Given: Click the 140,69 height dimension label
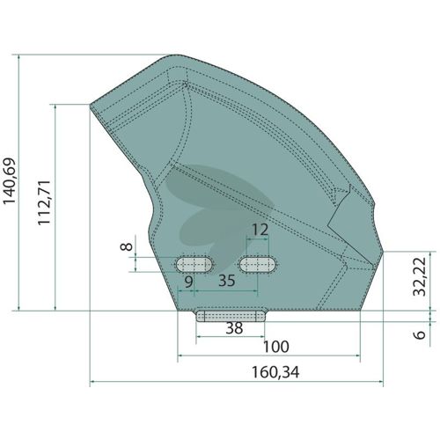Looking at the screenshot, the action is pos(10,181).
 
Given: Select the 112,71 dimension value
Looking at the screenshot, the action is pos(44,202).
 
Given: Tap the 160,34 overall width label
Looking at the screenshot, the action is pos(275,372).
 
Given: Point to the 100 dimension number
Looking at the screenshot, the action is pos(276,347).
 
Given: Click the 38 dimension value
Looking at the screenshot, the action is pos(234,328).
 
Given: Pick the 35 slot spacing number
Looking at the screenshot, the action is pos(227,281).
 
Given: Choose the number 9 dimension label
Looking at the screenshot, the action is pos(189,282).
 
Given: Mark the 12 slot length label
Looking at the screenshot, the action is pos(260,230).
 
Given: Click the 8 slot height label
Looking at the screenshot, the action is pos(127,246).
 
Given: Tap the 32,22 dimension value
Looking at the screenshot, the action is pos(419,277).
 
